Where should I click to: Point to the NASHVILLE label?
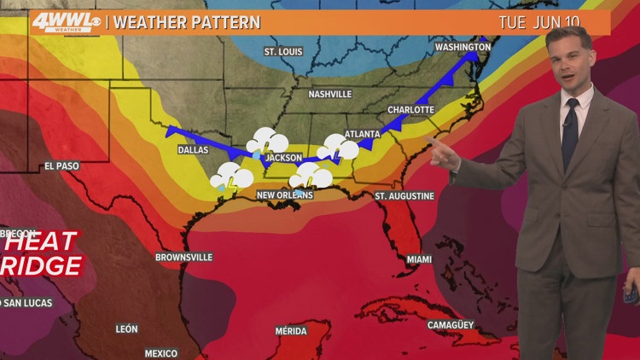coord(330,94)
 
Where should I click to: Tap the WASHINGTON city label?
coord(463,47)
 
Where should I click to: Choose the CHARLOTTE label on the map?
coord(411,110)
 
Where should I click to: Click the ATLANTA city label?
coord(361,134)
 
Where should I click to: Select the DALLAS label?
coord(194,150)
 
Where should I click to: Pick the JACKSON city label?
coord(283,159)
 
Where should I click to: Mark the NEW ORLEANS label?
coord(285,196)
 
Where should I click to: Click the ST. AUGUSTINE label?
coord(404,196)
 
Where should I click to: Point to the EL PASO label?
coord(61,166)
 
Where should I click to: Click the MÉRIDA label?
coord(291,331)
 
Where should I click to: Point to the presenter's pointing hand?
coord(441,154)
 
